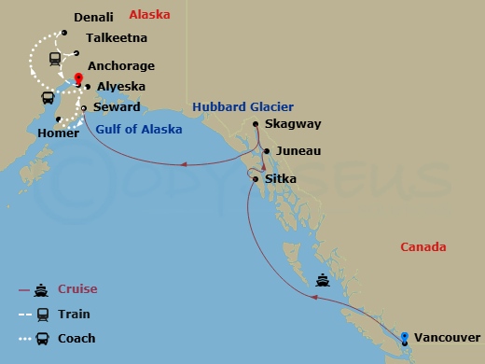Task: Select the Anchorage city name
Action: [x=120, y=66]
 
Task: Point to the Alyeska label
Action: [x=118, y=86]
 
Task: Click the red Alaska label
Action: [x=148, y=16]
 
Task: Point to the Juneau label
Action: [x=296, y=151]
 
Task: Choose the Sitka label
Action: [x=281, y=175]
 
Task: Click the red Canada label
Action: [x=423, y=247]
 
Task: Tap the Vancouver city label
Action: [x=448, y=337]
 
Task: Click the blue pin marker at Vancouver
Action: [x=405, y=337]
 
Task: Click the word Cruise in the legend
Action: [x=76, y=289]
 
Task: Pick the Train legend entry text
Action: [x=74, y=314]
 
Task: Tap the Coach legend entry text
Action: [x=76, y=338]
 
